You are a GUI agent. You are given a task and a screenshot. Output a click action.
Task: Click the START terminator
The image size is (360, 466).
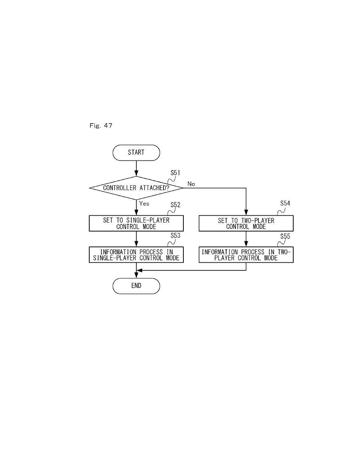pyautogui.click(x=136, y=152)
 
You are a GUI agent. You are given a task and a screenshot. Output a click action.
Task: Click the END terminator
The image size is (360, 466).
pyautogui.click(x=136, y=286)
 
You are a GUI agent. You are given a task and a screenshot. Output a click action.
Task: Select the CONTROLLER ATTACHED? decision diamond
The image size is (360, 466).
pyautogui.click(x=136, y=188)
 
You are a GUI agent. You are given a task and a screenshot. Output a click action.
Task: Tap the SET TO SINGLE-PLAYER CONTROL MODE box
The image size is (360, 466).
pyautogui.click(x=136, y=223)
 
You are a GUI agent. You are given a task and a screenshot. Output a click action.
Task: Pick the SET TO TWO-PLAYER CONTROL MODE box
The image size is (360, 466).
pyautogui.click(x=246, y=223)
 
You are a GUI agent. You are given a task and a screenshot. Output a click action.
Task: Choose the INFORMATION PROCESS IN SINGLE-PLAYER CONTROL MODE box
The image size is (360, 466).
pyautogui.click(x=136, y=255)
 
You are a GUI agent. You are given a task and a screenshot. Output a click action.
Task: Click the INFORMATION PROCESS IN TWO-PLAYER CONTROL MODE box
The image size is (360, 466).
pyautogui.click(x=246, y=255)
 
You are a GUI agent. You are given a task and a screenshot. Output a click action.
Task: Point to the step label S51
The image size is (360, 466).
pyautogui.click(x=175, y=173)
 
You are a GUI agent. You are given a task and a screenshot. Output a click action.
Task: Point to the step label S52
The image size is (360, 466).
pyautogui.click(x=175, y=205)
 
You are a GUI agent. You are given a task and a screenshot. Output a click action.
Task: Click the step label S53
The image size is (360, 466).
pyautogui.click(x=175, y=236)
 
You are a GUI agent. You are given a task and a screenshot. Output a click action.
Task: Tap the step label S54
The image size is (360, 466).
pyautogui.click(x=285, y=203)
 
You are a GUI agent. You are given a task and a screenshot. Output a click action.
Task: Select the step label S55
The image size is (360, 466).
pyautogui.click(x=285, y=236)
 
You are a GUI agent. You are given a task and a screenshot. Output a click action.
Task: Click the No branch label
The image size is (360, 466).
pyautogui.click(x=191, y=184)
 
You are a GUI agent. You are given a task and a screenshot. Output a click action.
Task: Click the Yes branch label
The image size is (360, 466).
pyautogui.click(x=144, y=203)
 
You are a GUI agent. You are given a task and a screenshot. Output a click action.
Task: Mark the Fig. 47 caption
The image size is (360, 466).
pyautogui.click(x=101, y=125)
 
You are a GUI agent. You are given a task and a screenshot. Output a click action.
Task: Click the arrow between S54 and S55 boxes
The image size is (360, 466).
pyautogui.click(x=246, y=239)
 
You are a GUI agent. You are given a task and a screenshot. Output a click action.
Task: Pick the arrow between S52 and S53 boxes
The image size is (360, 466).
pyautogui.click(x=136, y=239)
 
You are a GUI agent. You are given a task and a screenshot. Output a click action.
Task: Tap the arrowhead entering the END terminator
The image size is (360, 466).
pyautogui.click(x=136, y=276)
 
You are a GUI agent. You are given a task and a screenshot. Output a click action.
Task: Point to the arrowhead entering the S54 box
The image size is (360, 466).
pyautogui.click(x=246, y=213)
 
